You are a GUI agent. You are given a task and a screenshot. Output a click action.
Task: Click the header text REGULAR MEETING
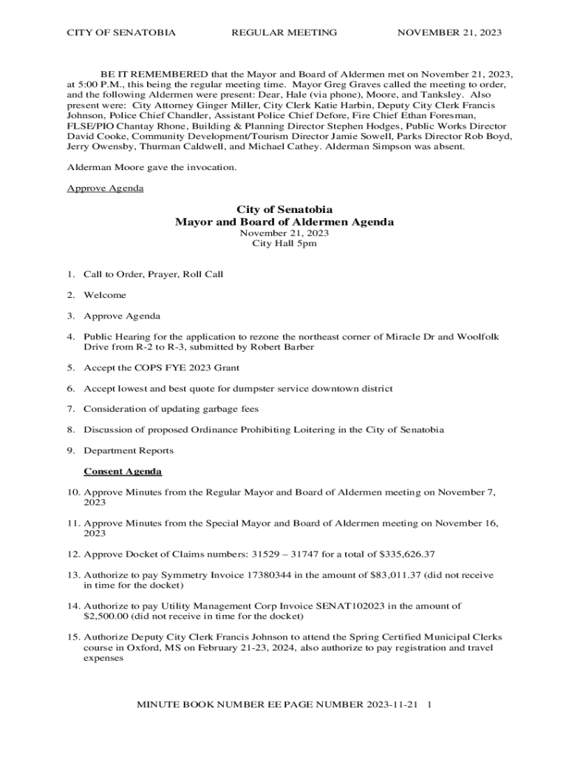284,33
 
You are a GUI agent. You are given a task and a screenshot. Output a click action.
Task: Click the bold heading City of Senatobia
284,210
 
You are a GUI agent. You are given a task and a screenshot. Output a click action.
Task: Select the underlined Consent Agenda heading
123,471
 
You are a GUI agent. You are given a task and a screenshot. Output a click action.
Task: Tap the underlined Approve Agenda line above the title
105,188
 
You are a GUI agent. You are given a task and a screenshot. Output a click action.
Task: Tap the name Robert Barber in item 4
265,347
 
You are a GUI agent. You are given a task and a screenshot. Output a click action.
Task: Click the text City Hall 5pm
284,243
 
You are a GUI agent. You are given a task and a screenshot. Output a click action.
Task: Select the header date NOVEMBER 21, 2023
449,33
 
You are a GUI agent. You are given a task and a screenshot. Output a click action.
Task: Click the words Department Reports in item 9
129,450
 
